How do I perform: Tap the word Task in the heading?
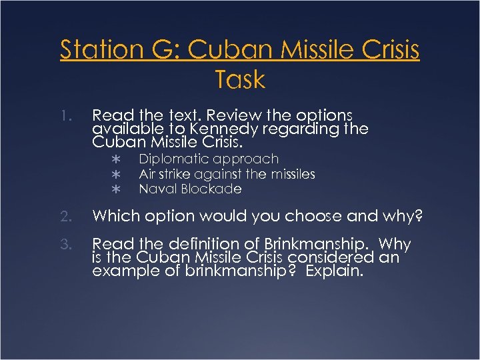(240, 80)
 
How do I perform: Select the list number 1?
(64, 116)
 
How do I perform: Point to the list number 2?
(64, 215)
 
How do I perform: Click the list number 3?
(64, 245)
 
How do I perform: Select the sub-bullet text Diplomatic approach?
(208, 159)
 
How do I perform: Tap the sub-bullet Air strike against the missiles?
(227, 174)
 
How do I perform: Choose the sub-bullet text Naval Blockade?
(190, 189)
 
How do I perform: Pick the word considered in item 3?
(326, 257)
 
